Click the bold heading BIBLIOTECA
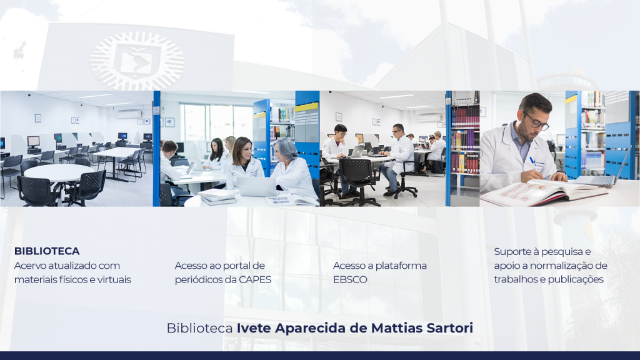(47, 251)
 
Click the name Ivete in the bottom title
(254, 327)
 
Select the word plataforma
(401, 266)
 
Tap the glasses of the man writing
(536, 121)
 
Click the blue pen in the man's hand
(534, 162)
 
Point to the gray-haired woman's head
(286, 149)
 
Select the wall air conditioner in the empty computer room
(129, 114)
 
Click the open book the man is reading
(544, 192)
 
